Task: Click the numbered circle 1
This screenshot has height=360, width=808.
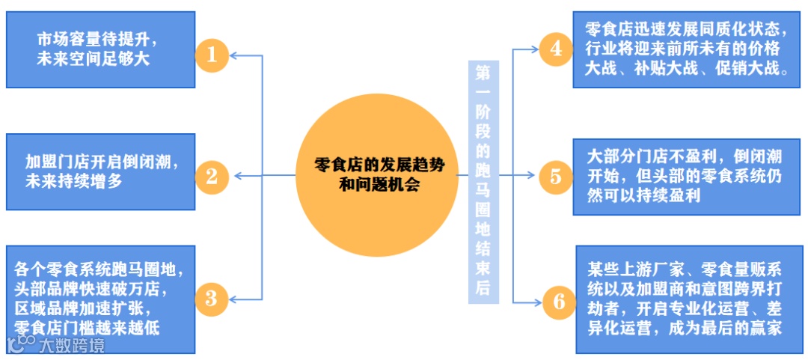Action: [x=212, y=55]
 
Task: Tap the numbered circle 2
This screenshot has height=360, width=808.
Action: [x=212, y=177]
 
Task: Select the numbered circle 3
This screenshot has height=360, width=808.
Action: [x=212, y=299]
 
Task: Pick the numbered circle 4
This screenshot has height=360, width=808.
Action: [x=555, y=49]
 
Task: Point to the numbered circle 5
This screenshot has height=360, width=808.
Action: [x=555, y=177]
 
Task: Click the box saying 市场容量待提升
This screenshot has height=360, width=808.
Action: [x=100, y=49]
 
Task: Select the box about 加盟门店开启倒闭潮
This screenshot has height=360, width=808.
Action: [x=100, y=171]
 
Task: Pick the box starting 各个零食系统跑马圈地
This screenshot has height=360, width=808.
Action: [x=100, y=298]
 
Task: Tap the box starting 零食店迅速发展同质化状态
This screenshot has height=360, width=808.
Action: [x=686, y=49]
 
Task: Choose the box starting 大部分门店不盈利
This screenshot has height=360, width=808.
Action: [x=686, y=177]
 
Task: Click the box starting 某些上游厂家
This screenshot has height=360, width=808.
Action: [x=686, y=299]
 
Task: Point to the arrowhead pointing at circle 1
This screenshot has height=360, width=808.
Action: [x=234, y=55]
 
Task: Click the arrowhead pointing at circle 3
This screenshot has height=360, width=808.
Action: [x=234, y=299]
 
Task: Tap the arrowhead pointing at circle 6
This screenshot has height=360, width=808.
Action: [x=536, y=302]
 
